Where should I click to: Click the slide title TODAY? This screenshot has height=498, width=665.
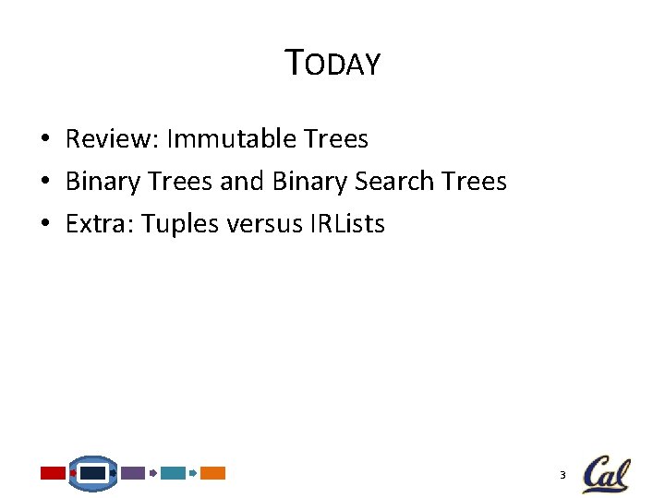point(332,64)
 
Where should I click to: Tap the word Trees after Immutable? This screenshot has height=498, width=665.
point(335,139)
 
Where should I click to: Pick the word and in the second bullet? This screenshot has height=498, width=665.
point(242,182)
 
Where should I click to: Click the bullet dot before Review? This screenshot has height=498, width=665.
point(44,140)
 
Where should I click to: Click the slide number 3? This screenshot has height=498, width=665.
point(562,475)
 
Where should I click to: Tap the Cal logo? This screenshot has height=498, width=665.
point(606,474)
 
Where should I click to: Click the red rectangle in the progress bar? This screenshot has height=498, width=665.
point(53,473)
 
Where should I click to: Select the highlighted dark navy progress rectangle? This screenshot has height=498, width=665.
point(92,473)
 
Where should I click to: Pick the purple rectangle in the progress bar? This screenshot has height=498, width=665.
point(133,473)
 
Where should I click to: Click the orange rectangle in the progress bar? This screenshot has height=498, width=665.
point(212,473)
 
